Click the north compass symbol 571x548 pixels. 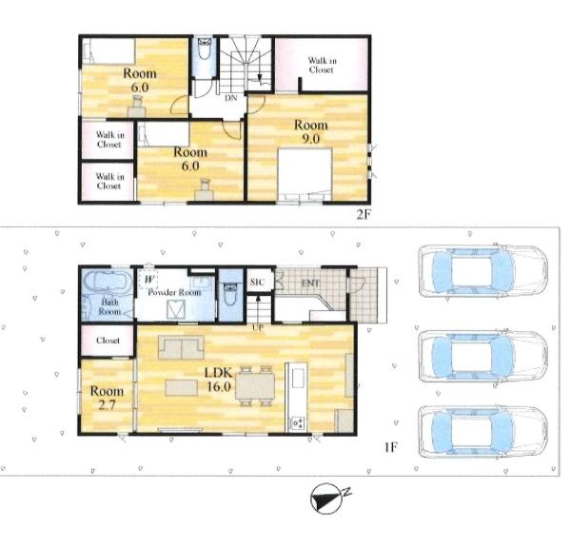tap(327, 499)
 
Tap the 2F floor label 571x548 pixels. tap(364, 214)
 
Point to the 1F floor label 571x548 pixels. tap(390, 446)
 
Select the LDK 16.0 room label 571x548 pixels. tap(218, 379)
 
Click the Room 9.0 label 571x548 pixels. tap(310, 131)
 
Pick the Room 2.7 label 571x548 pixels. tap(107, 398)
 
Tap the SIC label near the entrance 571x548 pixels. tap(257, 283)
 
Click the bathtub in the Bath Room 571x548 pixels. tap(107, 282)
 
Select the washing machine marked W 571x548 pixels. tap(148, 280)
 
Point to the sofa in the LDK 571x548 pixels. tap(181, 347)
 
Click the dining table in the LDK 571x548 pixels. tap(255, 386)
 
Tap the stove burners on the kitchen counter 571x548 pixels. tap(297, 422)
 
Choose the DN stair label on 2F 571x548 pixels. tap(231, 98)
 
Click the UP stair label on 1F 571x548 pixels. tap(258, 327)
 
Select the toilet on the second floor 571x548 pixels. tap(205, 49)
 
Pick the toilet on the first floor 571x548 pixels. tap(230, 293)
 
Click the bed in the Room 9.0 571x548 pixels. tap(305, 174)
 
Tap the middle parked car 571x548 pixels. tap(482, 356)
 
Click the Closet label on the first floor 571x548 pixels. tap(108, 341)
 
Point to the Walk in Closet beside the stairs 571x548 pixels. tap(322, 65)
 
